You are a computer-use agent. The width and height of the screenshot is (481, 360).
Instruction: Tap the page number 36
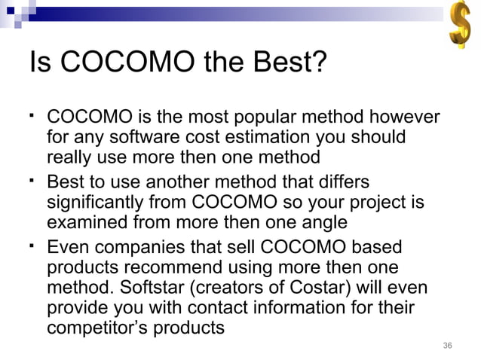pos(447,346)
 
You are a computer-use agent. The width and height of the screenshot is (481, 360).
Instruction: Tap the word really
pos(69,158)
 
